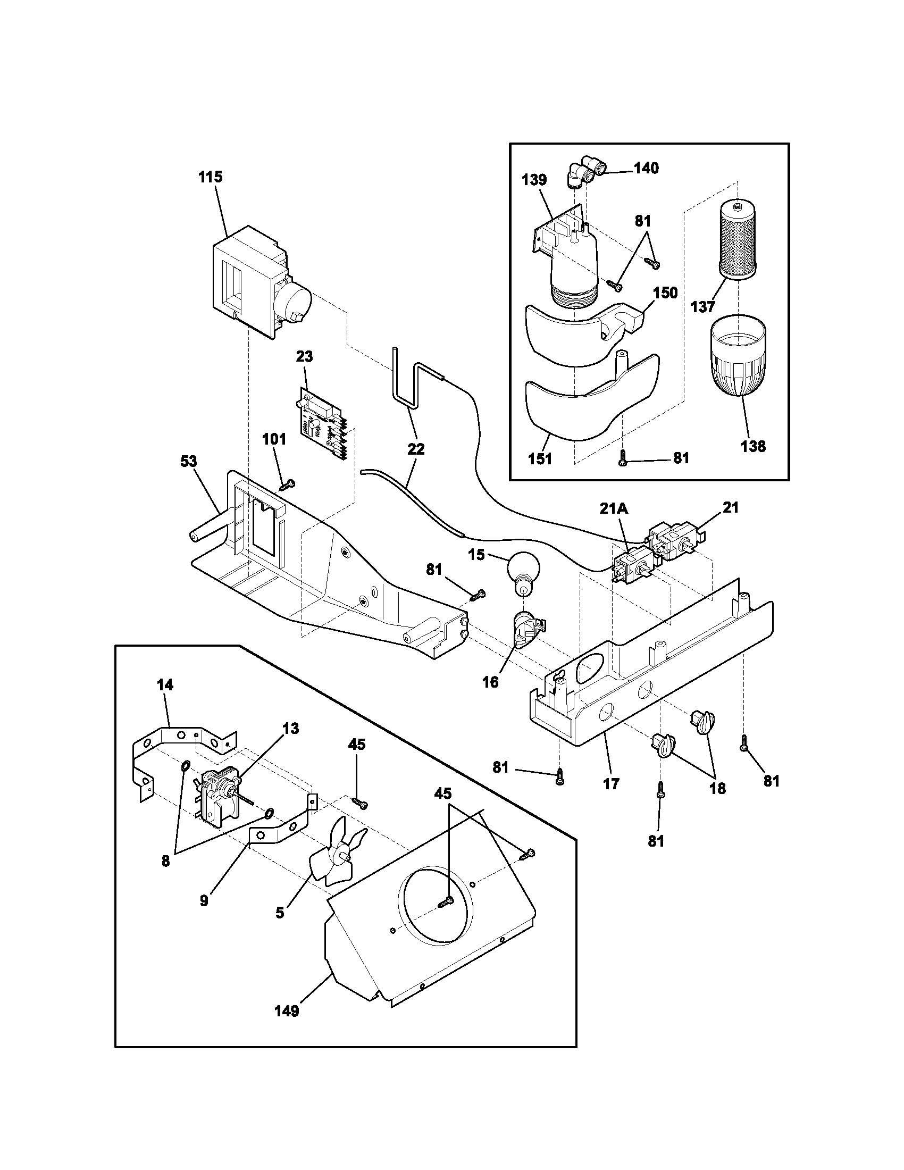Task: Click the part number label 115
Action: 211,177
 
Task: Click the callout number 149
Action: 287,1011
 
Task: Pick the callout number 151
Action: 540,459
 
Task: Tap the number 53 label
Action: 189,461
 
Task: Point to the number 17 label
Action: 611,783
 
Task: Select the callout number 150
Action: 665,293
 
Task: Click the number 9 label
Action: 204,900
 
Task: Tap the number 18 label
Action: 717,788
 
